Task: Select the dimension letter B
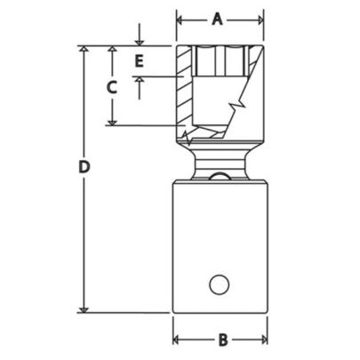[223, 340]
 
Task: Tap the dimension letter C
[112, 87]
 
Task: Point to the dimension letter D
[84, 166]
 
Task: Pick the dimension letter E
[139, 61]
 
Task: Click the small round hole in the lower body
[219, 284]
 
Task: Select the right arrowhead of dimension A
[259, 19]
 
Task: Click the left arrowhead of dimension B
[177, 340]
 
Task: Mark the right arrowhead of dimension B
[262, 340]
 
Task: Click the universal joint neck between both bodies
[220, 164]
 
